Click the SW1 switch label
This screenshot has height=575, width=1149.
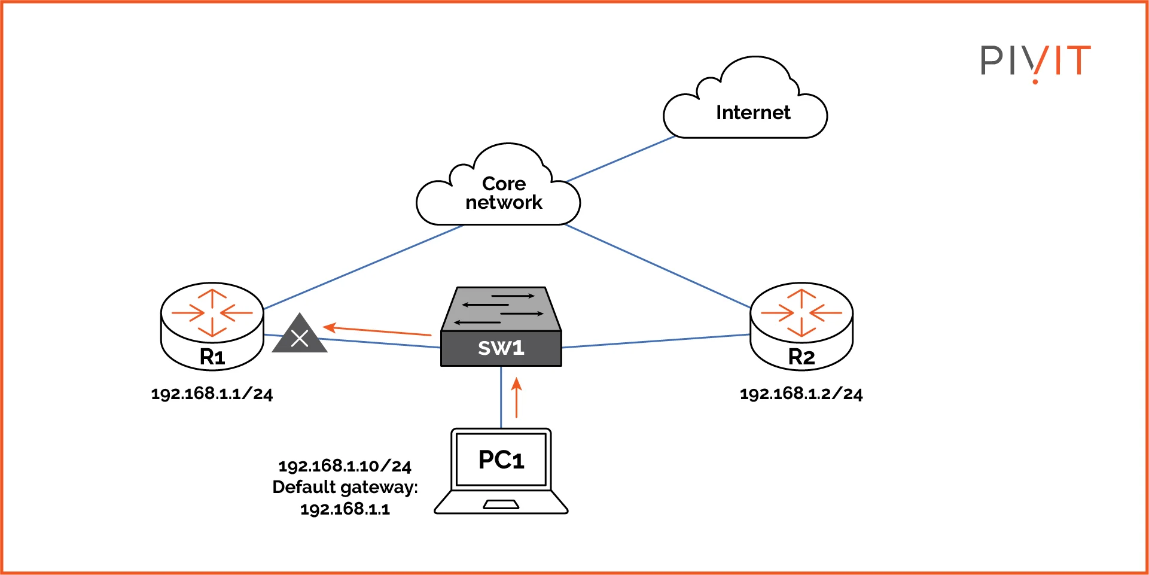coord(501,348)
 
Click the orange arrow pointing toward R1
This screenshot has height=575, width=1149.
coord(377,330)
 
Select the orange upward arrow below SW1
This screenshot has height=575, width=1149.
coord(517,398)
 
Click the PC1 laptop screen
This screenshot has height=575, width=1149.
coord(501,460)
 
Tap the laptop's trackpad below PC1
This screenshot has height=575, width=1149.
coord(501,505)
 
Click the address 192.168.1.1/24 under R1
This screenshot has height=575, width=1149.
coord(212,394)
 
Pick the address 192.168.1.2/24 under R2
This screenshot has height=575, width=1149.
coord(801,394)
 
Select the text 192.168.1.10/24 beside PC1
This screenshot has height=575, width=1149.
coord(345,466)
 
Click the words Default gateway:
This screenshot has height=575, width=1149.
coord(345,487)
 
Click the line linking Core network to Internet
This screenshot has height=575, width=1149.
coord(621,159)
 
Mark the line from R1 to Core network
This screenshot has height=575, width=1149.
coord(365,267)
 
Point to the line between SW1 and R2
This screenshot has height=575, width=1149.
coord(655,341)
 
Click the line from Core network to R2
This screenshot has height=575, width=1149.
coord(658,267)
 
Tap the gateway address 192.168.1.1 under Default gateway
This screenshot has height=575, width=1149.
coord(345,509)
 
